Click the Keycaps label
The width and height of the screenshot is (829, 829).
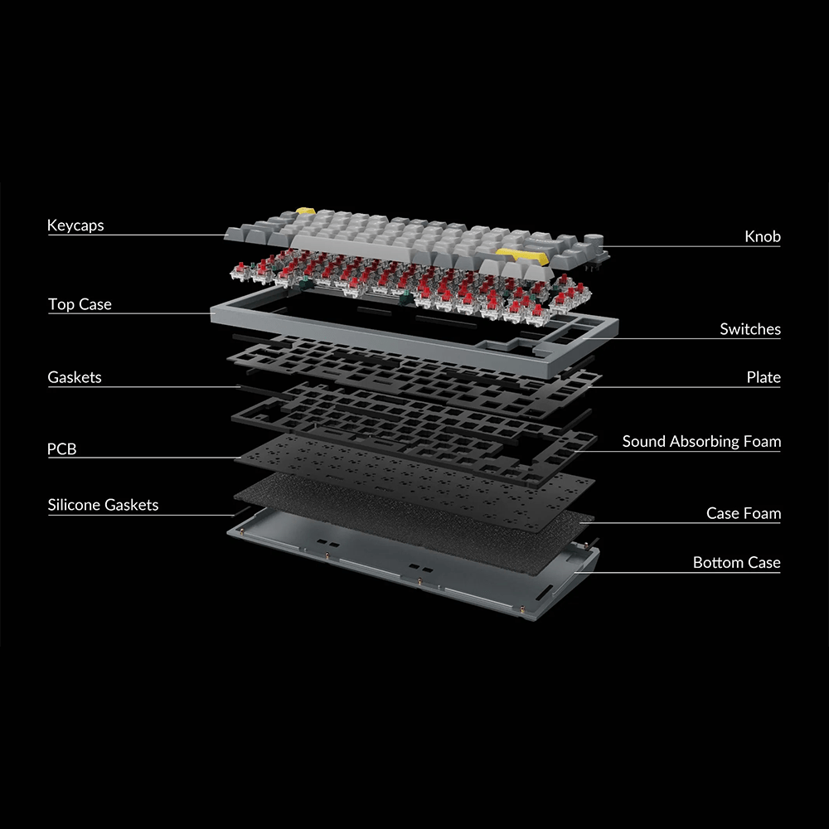(75, 225)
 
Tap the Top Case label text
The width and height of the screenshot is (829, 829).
(80, 304)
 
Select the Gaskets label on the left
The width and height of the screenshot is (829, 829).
(75, 377)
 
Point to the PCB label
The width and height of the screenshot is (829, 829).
(62, 448)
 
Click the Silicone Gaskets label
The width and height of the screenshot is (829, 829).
(103, 505)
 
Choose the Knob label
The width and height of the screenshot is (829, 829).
(763, 236)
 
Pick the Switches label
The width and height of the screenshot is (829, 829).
(750, 329)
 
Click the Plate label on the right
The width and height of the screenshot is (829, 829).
(764, 377)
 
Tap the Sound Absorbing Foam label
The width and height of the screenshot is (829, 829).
(701, 442)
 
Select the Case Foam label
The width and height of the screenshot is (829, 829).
(744, 513)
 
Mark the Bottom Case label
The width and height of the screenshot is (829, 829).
(736, 562)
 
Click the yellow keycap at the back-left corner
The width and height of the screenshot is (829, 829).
(305, 211)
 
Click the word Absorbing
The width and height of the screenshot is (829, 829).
(703, 442)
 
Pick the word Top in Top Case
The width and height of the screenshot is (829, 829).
(61, 304)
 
